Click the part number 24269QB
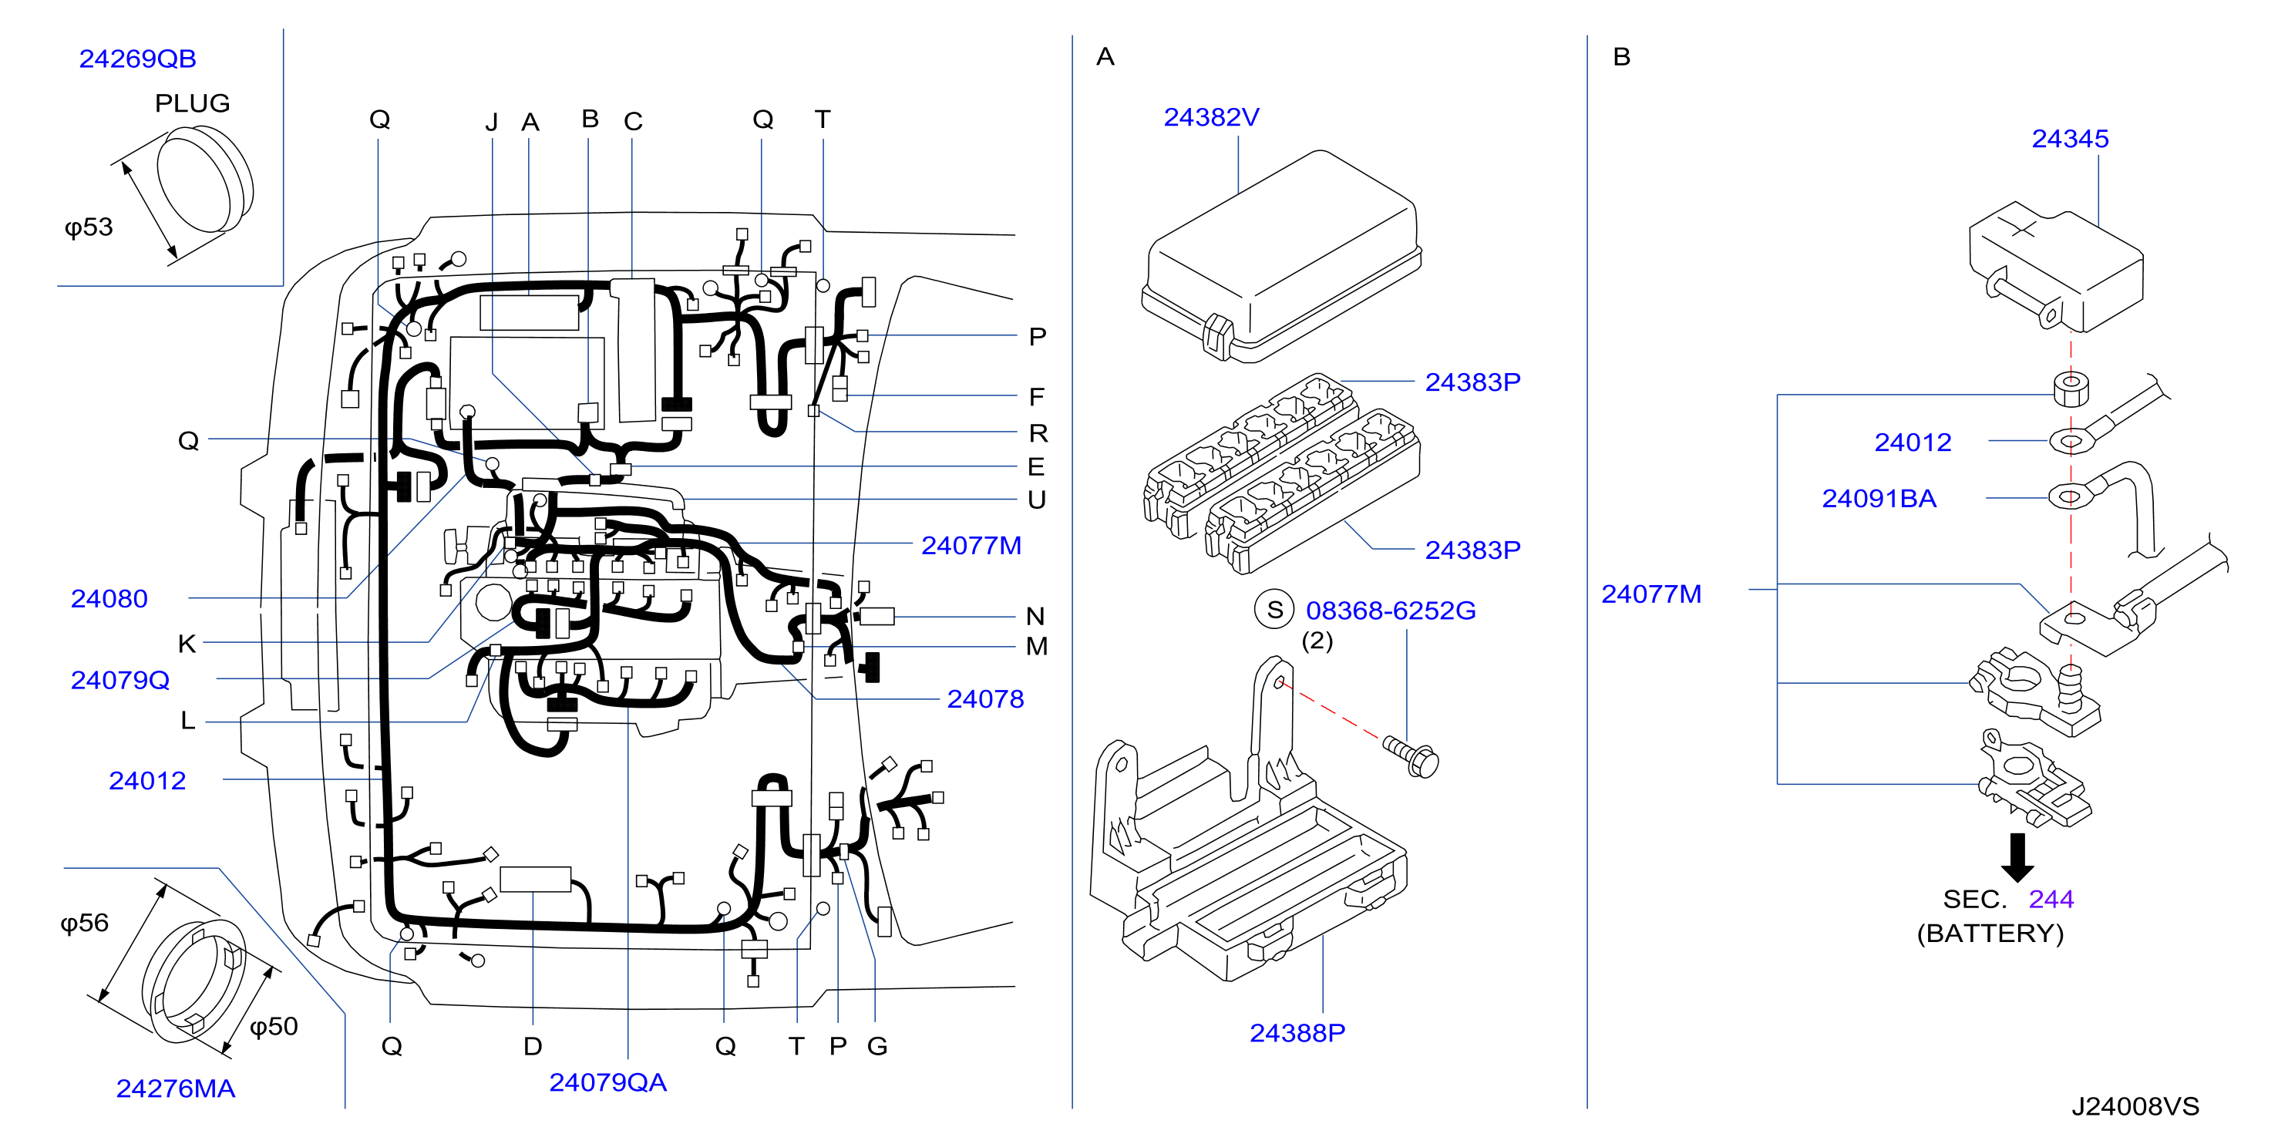click(138, 59)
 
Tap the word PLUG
click(192, 103)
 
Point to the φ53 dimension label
click(89, 227)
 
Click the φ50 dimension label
click(274, 1027)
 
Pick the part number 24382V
click(1212, 117)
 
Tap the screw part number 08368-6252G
click(1391, 611)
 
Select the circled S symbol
click(1274, 609)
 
